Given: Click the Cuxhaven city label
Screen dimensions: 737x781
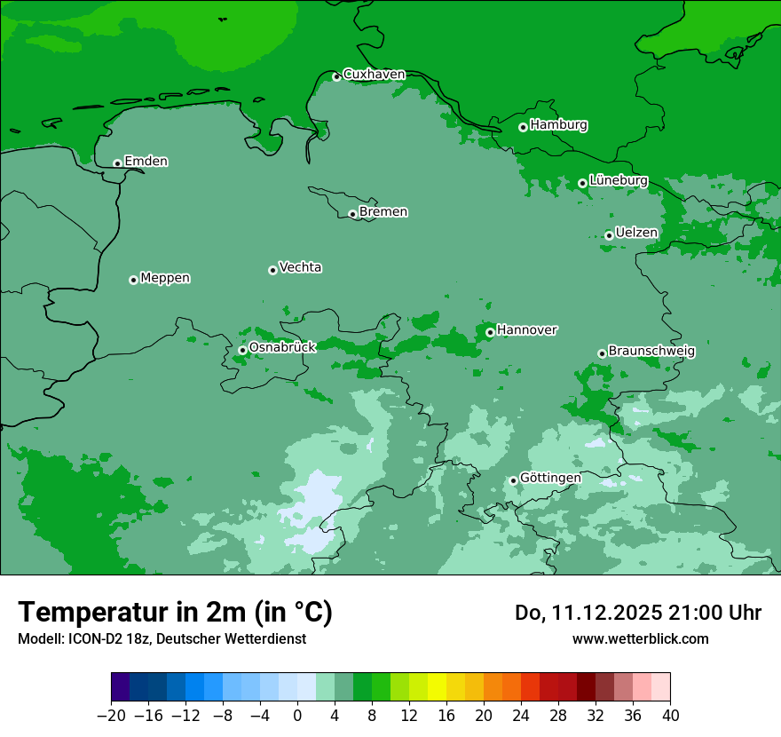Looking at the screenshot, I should click(x=374, y=74).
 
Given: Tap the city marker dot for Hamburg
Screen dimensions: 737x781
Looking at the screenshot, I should click(x=523, y=127).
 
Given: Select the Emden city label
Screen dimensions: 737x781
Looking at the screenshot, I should click(x=146, y=161).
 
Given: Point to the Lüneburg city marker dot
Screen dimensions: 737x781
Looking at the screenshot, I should click(x=582, y=183).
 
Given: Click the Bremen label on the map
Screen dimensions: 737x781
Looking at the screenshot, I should click(x=383, y=211).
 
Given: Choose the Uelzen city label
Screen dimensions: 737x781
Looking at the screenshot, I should click(x=636, y=233).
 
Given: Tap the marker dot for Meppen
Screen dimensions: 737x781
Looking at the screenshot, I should click(x=133, y=280).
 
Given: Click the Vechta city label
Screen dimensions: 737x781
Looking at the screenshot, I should click(x=300, y=267).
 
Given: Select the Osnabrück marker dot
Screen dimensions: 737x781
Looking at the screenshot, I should click(x=242, y=350).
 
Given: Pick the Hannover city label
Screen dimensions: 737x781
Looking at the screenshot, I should click(x=526, y=329).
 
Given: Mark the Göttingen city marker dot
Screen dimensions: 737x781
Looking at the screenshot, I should click(x=513, y=480).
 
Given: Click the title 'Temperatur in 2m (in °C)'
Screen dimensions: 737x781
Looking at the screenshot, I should click(x=175, y=612).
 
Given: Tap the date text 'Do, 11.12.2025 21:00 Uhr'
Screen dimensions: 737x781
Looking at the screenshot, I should click(x=637, y=613).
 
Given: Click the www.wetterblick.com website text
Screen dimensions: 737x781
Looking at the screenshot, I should click(x=640, y=638).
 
